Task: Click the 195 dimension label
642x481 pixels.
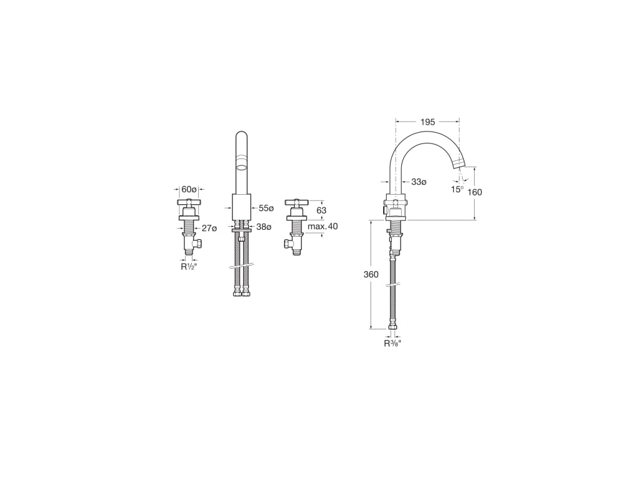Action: click(428, 122)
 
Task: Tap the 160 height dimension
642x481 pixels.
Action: click(475, 192)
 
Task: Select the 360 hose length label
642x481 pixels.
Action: click(371, 274)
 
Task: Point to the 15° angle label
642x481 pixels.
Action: click(457, 189)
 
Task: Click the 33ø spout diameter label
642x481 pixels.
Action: click(419, 182)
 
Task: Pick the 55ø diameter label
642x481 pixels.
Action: click(266, 208)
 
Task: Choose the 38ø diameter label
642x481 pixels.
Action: click(264, 226)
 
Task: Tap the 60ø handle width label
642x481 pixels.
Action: click(189, 189)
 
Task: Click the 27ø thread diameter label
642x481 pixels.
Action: click(209, 228)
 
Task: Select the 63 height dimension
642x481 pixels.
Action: click(322, 210)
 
